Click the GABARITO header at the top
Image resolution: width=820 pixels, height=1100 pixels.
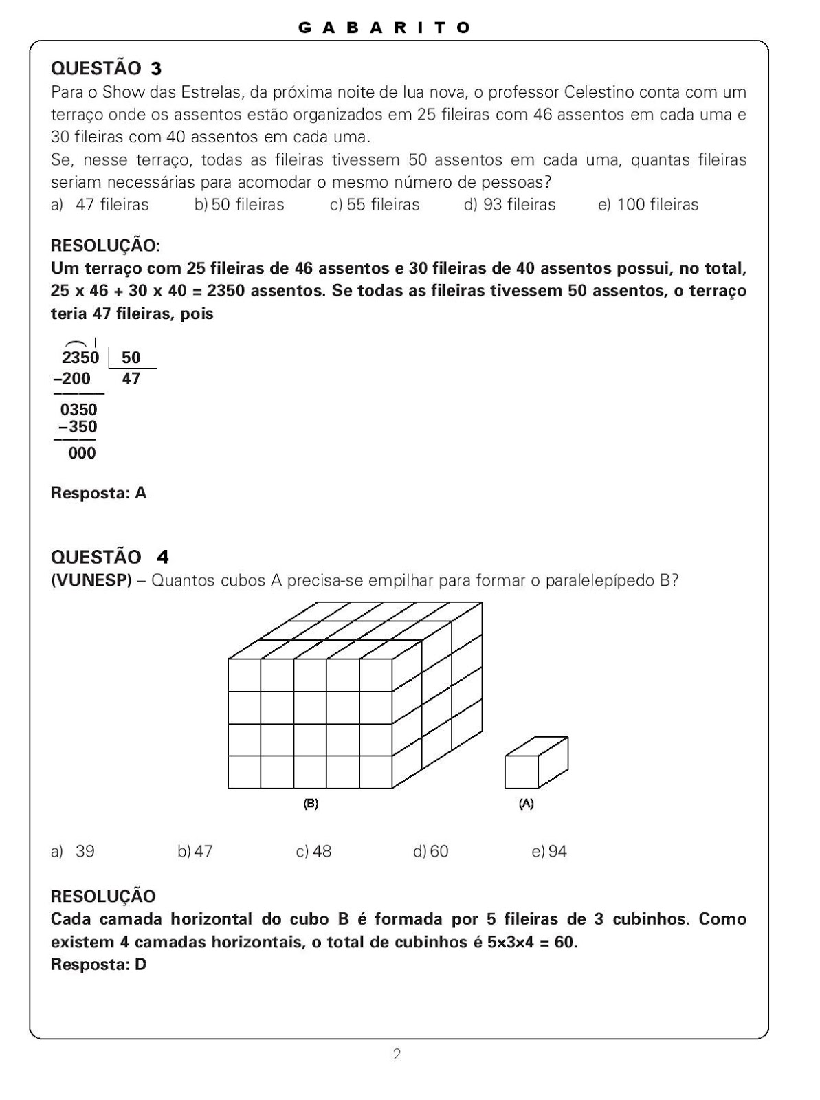[385, 27]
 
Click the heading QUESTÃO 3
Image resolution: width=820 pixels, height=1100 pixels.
[107, 68]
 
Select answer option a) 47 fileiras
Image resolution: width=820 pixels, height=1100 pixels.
[100, 205]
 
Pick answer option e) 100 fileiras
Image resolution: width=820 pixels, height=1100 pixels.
[648, 205]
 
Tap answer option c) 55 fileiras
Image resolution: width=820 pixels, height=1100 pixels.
[375, 205]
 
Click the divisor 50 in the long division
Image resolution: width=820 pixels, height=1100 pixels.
[131, 357]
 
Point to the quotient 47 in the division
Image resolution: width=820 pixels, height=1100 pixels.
[131, 379]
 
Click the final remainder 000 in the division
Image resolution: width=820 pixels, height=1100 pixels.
[82, 453]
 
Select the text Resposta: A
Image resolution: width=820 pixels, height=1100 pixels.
[99, 493]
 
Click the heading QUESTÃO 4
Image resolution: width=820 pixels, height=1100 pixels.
[110, 557]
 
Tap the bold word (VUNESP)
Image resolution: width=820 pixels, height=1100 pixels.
[91, 580]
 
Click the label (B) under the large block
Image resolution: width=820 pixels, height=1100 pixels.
[311, 803]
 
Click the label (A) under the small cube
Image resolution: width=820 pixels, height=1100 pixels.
[526, 803]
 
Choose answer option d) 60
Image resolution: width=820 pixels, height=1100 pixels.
[431, 852]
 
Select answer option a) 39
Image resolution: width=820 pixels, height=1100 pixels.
[73, 852]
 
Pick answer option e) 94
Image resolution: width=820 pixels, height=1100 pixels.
[549, 852]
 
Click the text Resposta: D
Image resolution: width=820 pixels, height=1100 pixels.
[99, 965]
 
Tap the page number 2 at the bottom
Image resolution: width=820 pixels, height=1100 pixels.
[397, 1054]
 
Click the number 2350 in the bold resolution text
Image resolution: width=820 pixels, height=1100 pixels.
[225, 291]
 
